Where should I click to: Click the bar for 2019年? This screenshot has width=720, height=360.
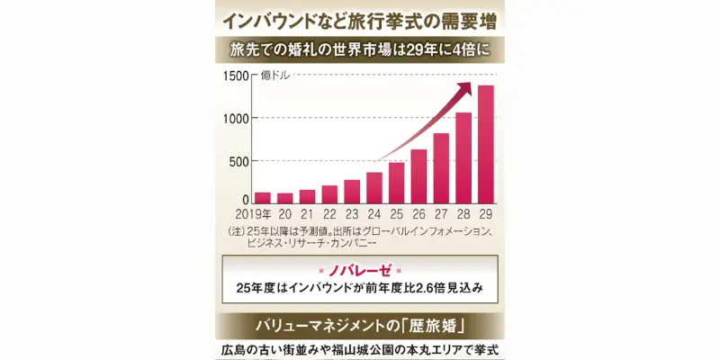click(x=263, y=198)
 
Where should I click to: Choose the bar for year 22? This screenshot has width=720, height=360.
click(x=329, y=194)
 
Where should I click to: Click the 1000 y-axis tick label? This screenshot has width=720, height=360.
click(x=235, y=119)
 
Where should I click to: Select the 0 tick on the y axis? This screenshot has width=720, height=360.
click(x=245, y=200)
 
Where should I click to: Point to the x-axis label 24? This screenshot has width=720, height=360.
click(x=374, y=216)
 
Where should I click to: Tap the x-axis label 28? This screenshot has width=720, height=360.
click(x=463, y=216)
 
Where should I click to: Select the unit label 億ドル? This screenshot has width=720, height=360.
click(x=275, y=76)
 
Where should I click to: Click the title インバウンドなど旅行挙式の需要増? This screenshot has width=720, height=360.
click(x=360, y=18)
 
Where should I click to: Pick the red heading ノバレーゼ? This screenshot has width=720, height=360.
click(x=359, y=270)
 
